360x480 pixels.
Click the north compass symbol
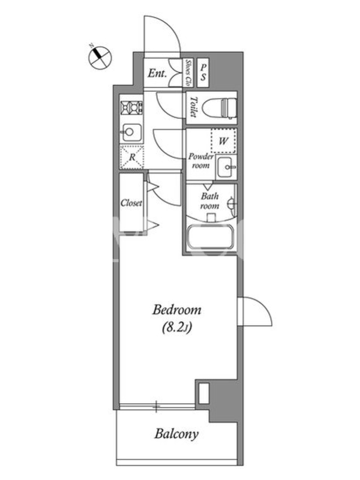[x=100, y=57]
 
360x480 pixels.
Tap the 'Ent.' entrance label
[x=157, y=73]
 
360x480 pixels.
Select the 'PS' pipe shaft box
[x=203, y=73]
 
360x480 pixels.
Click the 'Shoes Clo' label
[x=188, y=73]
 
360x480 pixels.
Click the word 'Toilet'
[x=193, y=107]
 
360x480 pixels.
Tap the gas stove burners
[x=133, y=107]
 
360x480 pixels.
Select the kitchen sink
[x=131, y=132]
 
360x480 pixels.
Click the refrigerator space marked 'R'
[x=132, y=157]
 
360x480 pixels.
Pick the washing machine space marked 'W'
[x=223, y=141]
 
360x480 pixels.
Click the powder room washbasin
[x=226, y=167]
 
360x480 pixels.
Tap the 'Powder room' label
[x=201, y=161]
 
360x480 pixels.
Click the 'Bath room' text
[x=209, y=201]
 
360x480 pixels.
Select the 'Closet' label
[x=131, y=203]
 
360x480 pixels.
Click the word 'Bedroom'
[x=176, y=310]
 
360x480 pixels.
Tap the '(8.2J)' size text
[x=176, y=328]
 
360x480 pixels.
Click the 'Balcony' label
[x=176, y=434]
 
